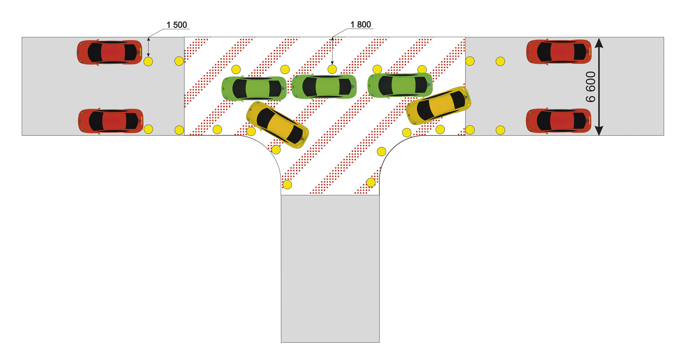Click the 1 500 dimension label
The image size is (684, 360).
tap(177, 25)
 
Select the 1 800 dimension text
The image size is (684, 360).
tap(361, 25)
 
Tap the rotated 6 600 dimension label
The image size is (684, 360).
tap(591, 87)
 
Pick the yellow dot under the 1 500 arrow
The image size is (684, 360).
tap(148, 62)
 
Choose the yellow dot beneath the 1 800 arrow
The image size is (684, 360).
tap(332, 69)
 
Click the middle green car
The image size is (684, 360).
tap(324, 87)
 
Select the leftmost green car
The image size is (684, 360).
tap(254, 89)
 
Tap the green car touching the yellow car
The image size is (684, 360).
tap(400, 85)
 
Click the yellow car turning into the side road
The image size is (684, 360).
tap(278, 125)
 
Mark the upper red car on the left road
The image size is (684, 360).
tap(109, 52)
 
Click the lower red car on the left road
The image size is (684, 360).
tap(111, 121)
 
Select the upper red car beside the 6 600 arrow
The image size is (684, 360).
tap(559, 52)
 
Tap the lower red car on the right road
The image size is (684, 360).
tap(559, 121)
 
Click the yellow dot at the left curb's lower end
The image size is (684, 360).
tap(287, 185)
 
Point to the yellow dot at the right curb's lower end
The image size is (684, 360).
tap(371, 183)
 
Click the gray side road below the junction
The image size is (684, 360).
tap(330, 269)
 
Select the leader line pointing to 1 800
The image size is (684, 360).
tap(340, 33)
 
